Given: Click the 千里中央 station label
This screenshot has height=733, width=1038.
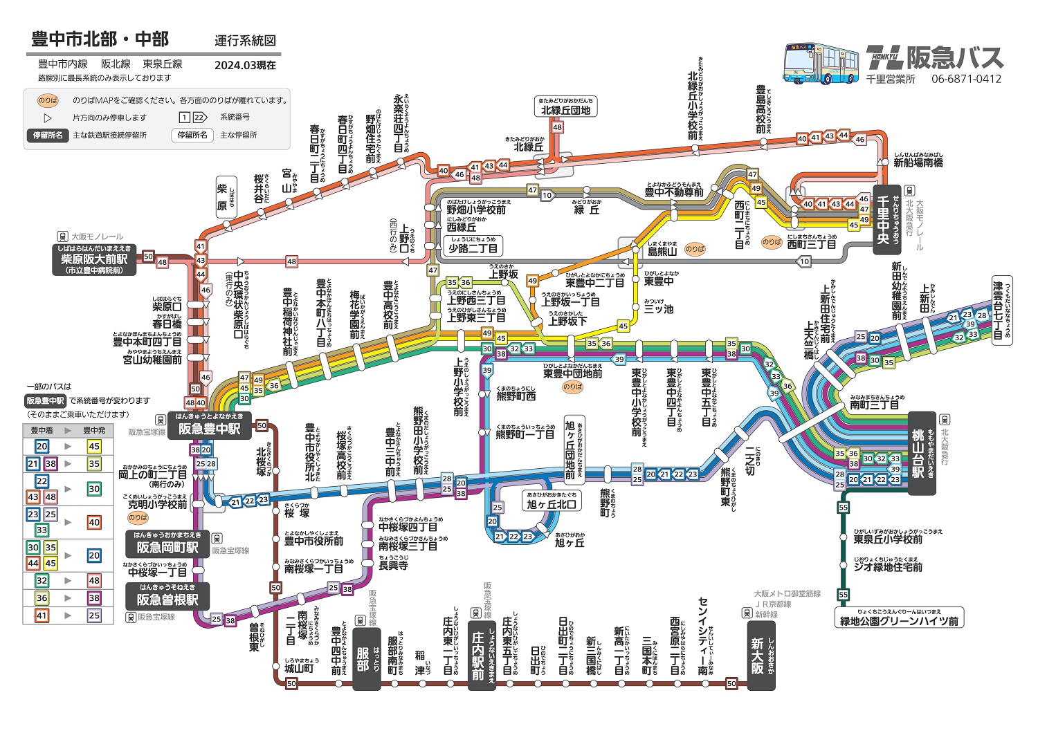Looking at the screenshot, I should [886, 220].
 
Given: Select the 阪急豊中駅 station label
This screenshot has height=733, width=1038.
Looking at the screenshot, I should [209, 425].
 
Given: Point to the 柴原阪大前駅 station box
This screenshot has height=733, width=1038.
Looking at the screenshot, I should [95, 259].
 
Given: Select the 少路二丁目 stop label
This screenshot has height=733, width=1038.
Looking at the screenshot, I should [473, 245].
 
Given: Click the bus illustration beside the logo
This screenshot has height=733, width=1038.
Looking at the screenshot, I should [821, 64].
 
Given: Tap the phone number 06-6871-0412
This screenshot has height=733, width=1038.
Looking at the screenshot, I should [966, 79].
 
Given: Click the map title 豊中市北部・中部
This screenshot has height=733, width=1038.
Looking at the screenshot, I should [100, 39].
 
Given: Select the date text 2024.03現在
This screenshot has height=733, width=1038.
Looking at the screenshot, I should [245, 65].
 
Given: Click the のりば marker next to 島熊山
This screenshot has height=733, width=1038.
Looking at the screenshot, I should [695, 249].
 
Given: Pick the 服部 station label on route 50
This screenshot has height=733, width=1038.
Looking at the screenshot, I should [366, 659].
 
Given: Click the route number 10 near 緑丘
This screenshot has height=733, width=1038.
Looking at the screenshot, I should [547, 196].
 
